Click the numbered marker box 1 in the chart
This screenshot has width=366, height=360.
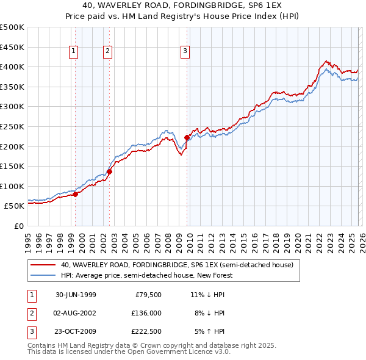[73, 52]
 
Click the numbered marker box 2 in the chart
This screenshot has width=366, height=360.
[107, 52]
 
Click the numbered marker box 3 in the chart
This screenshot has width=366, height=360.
[185, 52]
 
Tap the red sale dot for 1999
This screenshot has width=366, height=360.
[76, 194]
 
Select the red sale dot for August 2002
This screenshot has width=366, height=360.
[109, 171]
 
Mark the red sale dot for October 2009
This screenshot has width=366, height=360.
[187, 137]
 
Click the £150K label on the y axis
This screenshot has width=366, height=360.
[12, 166]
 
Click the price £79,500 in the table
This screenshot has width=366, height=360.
[148, 294]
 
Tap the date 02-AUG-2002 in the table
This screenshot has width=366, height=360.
[76, 312]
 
